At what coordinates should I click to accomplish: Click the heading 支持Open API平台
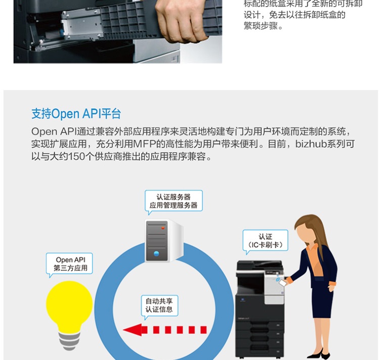pos(76,114)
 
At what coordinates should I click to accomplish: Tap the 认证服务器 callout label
pos(173,201)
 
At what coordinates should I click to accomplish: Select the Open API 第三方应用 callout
pos(69,264)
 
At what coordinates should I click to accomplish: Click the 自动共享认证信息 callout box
pos(160,305)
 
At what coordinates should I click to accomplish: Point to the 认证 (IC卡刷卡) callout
pos(265,241)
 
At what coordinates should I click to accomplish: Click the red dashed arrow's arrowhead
pos(132,330)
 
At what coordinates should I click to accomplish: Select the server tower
pos(164,241)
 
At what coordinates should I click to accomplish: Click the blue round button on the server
pos(156,254)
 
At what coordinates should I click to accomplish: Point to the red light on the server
pos(163,228)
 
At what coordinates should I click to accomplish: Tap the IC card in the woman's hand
pos(282,283)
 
